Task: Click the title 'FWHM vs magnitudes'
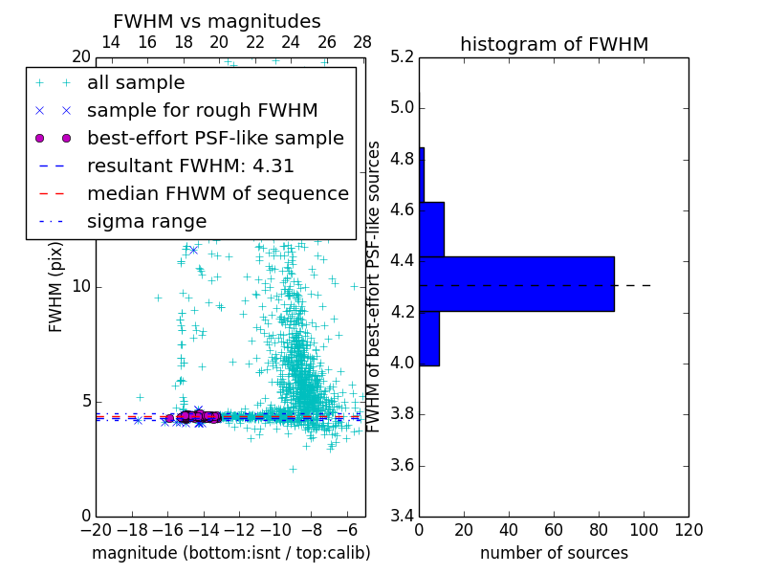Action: [216, 21]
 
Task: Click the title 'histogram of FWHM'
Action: [554, 44]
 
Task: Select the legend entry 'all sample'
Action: [136, 83]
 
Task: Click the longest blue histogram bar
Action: [516, 284]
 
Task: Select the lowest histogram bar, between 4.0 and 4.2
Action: [429, 338]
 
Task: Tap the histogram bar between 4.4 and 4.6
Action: [431, 229]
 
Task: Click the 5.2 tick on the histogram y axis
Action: [402, 56]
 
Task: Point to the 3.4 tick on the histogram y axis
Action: [402, 516]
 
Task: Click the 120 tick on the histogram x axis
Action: [688, 530]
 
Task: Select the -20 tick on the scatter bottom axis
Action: [96, 530]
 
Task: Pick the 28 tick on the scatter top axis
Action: [362, 43]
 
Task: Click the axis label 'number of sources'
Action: [554, 553]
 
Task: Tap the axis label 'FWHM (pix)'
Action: [56, 287]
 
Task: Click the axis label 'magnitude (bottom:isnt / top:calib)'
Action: [230, 553]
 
